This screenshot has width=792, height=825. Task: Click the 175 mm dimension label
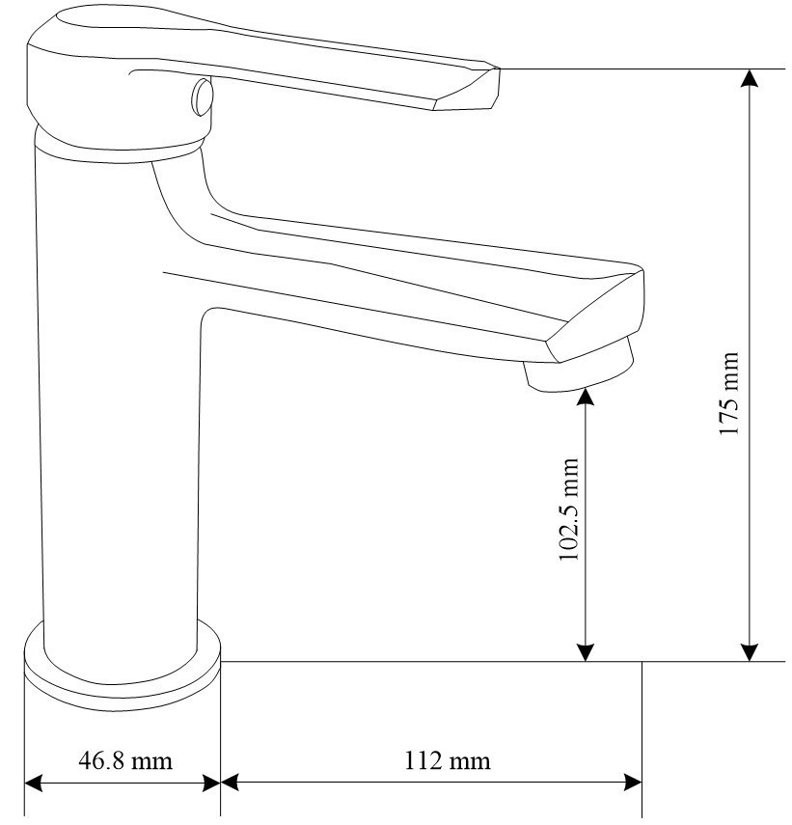[730, 394]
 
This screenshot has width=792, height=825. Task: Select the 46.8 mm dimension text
[124, 760]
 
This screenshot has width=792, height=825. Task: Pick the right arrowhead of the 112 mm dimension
[633, 783]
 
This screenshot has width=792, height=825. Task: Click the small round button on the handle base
[201, 96]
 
